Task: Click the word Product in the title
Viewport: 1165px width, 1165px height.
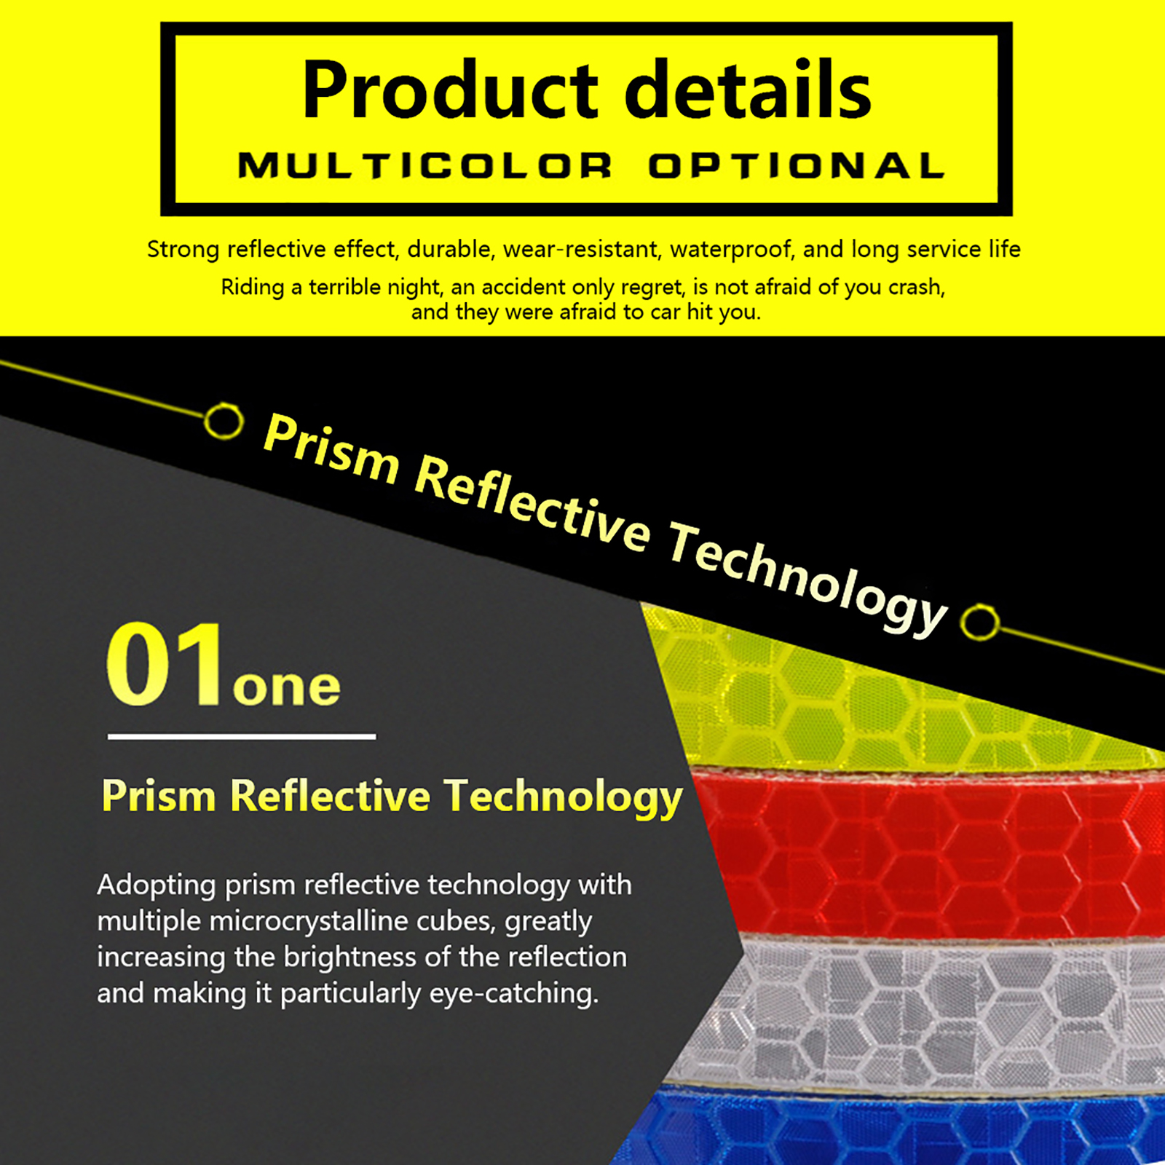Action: click(x=450, y=90)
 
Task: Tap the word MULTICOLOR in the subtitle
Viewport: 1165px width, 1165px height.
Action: click(x=425, y=166)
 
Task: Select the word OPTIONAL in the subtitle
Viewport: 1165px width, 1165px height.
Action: click(x=797, y=166)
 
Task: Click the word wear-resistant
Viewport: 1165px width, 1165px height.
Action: click(x=581, y=249)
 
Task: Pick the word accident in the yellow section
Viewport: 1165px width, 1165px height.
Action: click(x=521, y=288)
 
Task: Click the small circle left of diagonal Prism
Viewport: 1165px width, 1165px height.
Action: click(x=224, y=421)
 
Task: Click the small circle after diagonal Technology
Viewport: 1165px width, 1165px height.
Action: click(x=979, y=623)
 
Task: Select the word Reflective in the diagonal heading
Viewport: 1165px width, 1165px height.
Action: click(x=532, y=504)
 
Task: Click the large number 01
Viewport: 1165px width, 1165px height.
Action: click(x=165, y=663)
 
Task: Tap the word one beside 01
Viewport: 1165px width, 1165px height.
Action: click(x=287, y=686)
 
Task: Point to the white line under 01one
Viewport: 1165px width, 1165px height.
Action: click(x=242, y=737)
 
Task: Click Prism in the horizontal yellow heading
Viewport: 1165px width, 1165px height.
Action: click(x=159, y=795)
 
